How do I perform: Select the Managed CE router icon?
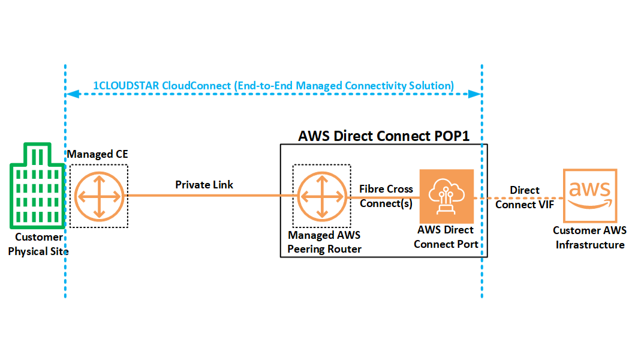99,196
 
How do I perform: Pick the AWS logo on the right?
590,194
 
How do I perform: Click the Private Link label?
204,185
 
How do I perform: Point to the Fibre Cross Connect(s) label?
386,196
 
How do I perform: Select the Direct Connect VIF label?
525,197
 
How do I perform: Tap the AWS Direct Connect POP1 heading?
383,136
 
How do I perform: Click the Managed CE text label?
98,155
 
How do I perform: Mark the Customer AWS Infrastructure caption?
590,238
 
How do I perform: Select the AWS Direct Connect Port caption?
446,236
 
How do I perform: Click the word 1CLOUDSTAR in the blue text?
126,86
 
